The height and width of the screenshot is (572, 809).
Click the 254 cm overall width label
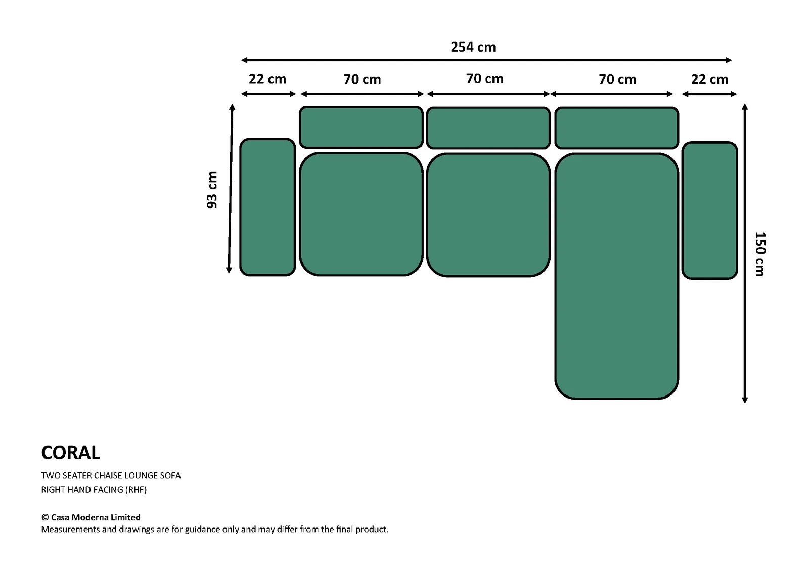(x=473, y=47)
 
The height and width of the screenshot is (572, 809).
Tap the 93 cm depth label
(x=212, y=190)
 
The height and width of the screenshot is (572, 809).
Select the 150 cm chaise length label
(x=760, y=254)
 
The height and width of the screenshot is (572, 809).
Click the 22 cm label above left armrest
(x=267, y=79)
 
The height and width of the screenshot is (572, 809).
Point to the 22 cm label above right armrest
(x=710, y=79)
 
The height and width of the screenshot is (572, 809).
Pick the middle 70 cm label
(x=485, y=79)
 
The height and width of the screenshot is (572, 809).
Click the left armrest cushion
(x=267, y=207)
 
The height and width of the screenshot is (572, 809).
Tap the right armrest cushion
(x=710, y=210)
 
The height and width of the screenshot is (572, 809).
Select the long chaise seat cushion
(x=616, y=276)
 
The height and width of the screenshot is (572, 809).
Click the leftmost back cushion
(x=361, y=127)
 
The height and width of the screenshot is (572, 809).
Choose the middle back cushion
(x=488, y=128)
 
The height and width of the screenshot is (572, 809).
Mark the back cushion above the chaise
(x=616, y=128)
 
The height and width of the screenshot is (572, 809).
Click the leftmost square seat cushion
(x=361, y=214)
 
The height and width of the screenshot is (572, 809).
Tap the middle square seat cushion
(x=488, y=215)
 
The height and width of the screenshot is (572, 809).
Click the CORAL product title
(x=70, y=453)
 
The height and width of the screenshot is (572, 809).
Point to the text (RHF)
(x=136, y=490)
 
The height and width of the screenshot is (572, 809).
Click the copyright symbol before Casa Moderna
(x=45, y=517)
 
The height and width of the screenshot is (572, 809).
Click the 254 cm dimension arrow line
(x=486, y=60)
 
